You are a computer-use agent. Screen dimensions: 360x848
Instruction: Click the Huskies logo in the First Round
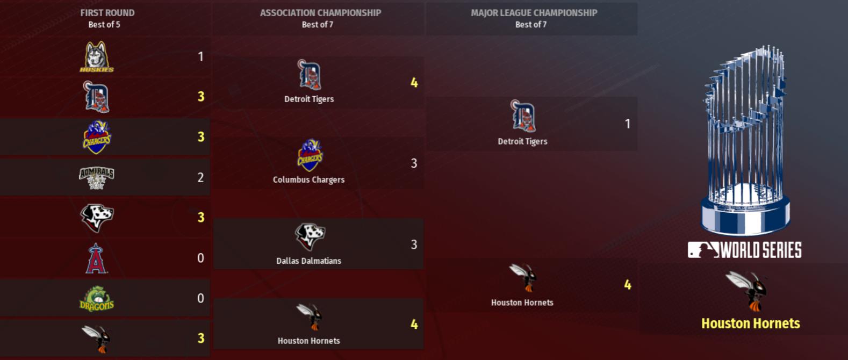[x=97, y=56]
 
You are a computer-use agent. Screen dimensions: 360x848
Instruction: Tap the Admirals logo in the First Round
[x=97, y=177]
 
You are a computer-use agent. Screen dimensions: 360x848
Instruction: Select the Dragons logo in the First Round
[x=97, y=299]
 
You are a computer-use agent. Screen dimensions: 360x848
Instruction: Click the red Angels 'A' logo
[x=96, y=258]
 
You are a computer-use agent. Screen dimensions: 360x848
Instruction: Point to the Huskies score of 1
[x=200, y=56]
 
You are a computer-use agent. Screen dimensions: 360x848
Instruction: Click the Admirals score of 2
[x=200, y=177]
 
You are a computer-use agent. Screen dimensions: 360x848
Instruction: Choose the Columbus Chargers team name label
[x=308, y=179]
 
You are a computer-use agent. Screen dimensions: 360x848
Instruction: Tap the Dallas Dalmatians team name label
[x=308, y=261]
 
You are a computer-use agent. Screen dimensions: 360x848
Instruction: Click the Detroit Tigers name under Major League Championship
[x=522, y=141]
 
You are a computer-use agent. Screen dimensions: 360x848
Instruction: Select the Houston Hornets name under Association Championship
[x=308, y=341]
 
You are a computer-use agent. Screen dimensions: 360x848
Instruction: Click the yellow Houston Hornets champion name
[x=750, y=323]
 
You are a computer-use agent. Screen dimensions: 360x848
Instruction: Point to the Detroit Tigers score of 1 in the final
[x=627, y=124]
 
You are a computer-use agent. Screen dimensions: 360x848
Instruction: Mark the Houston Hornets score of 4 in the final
[x=627, y=285]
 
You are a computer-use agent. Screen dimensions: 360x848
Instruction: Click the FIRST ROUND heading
[x=107, y=12]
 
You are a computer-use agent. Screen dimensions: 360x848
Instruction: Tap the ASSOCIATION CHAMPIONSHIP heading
[x=320, y=12]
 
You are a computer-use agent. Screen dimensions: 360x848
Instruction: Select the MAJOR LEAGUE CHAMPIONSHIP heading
[x=534, y=12]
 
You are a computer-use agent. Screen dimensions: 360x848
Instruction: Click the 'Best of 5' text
[x=104, y=24]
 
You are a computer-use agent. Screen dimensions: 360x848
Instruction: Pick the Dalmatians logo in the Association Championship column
[x=310, y=237]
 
